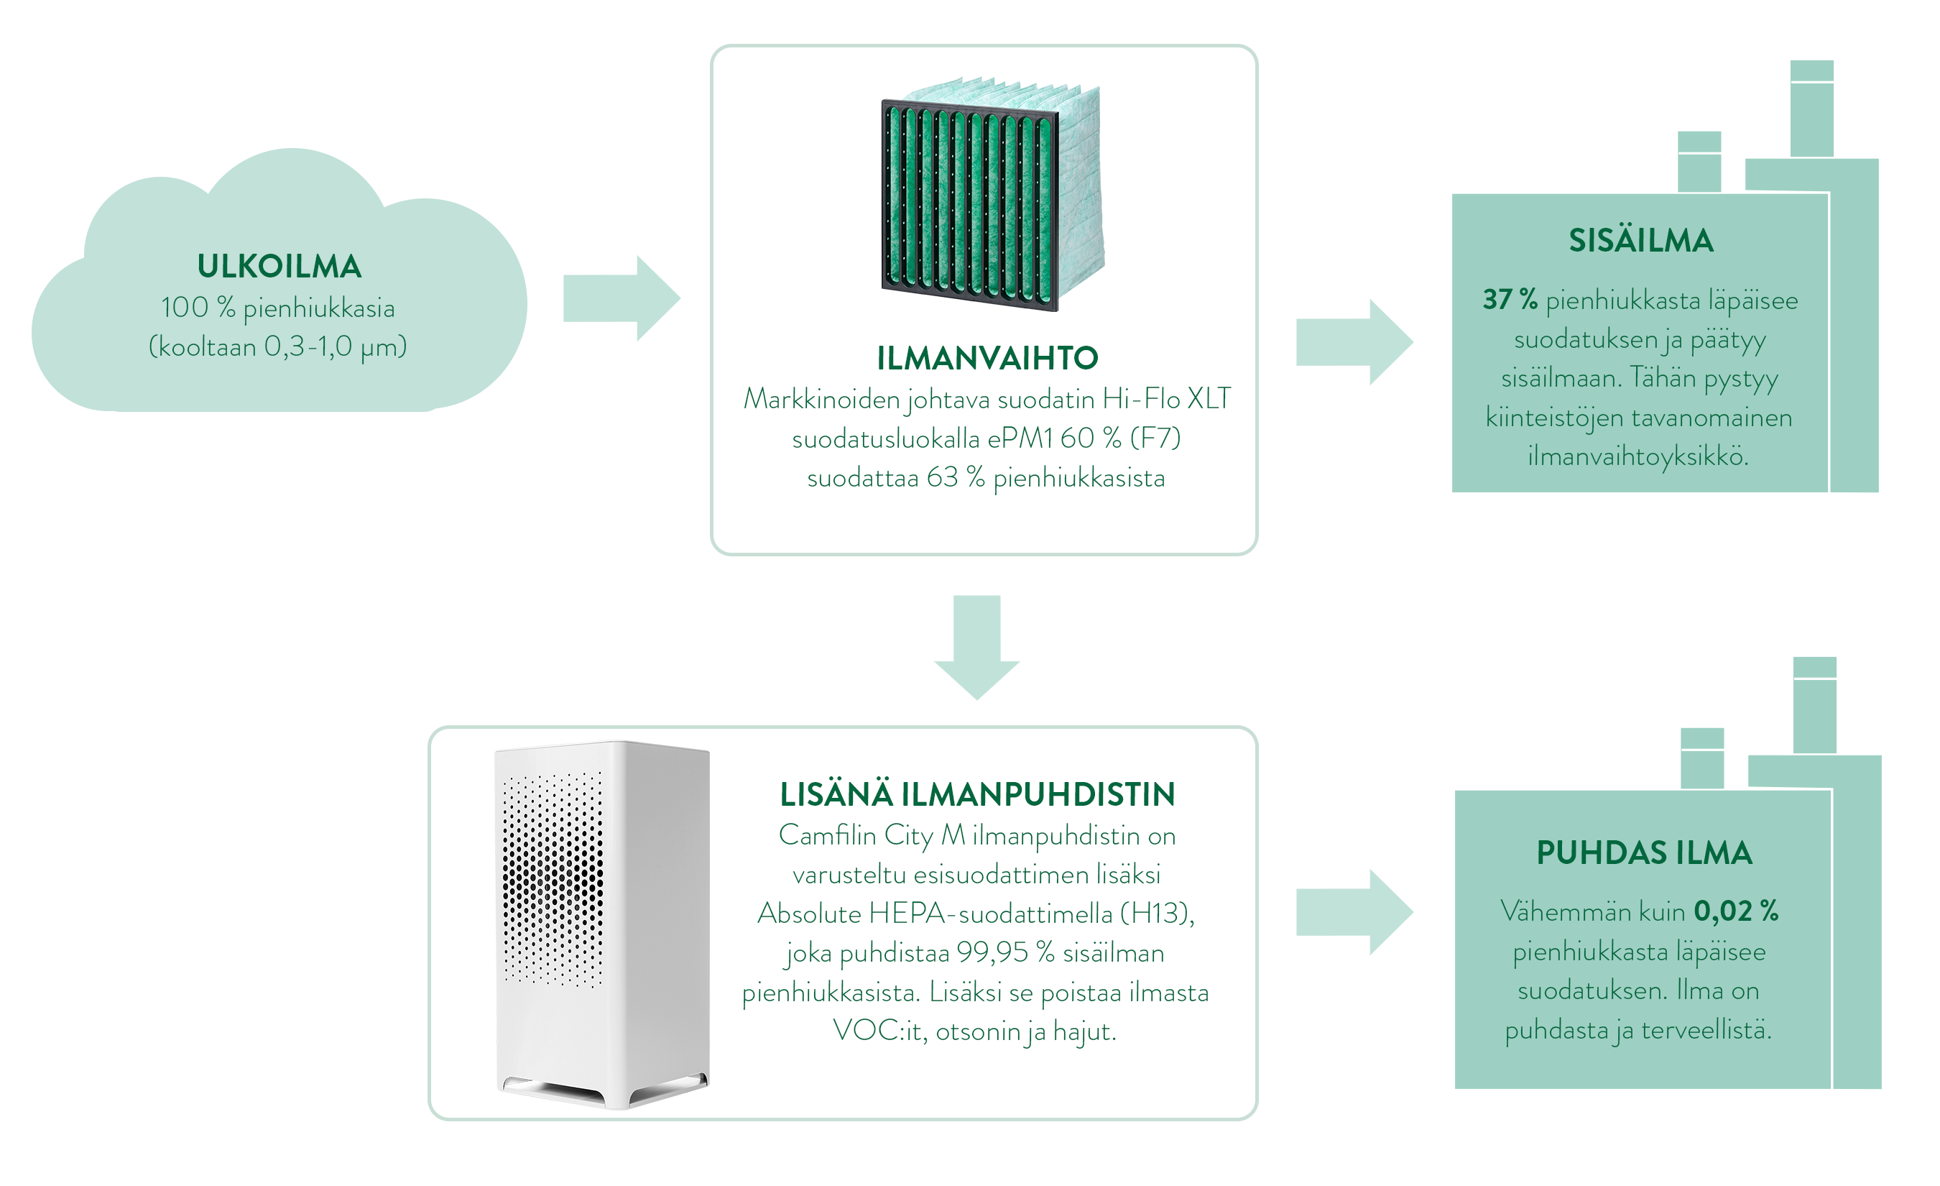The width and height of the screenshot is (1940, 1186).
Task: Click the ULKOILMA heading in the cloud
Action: click(280, 267)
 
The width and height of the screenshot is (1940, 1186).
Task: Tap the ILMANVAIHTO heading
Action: click(987, 359)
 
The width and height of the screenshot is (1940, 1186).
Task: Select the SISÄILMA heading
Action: click(1641, 241)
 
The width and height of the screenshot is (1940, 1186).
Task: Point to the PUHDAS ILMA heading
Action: click(1644, 853)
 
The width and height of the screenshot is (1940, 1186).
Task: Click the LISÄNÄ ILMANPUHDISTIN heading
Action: click(977, 794)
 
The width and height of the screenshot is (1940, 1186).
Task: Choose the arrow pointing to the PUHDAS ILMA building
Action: click(1354, 913)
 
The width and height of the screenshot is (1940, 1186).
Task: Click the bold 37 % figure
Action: click(1510, 300)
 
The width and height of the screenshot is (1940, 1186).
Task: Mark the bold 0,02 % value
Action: click(1735, 911)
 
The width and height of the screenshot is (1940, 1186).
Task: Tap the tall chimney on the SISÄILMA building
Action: click(1811, 110)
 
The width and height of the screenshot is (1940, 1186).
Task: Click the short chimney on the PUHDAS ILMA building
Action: click(1702, 758)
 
